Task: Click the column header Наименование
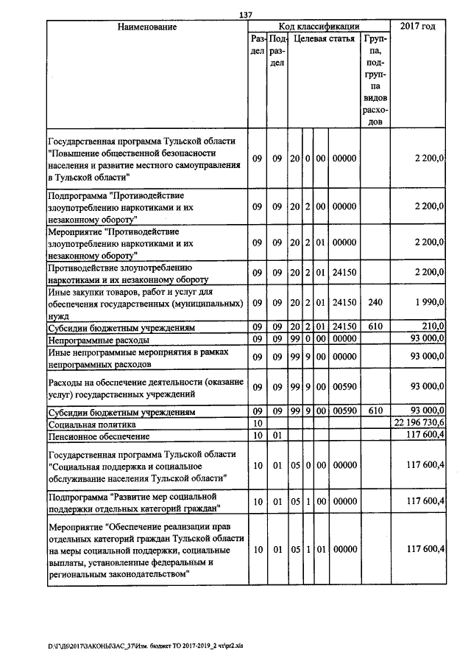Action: tap(146, 27)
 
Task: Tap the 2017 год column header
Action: tap(417, 27)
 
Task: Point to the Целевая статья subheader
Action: tap(324, 38)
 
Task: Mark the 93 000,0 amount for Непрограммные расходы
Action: tap(425, 340)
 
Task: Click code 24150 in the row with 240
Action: tap(344, 303)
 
